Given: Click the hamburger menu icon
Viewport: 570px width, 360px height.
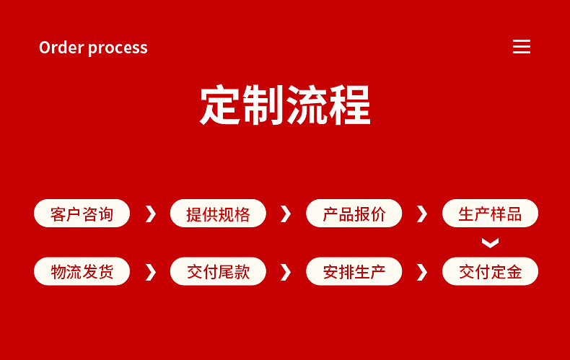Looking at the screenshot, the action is (521, 47).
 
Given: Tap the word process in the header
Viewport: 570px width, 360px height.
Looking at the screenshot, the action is (118, 48).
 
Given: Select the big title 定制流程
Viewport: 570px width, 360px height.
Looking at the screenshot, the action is (285, 105).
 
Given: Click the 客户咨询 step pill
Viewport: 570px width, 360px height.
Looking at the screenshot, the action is (82, 214).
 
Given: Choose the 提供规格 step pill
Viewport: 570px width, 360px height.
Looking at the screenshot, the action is (218, 214).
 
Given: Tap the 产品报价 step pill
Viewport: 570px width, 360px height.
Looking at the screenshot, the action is (354, 214).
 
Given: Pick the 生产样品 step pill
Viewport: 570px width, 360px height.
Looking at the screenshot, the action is (490, 214).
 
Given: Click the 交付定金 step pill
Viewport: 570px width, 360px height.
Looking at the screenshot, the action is (490, 271).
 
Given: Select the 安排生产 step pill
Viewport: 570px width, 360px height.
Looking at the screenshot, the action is (354, 271).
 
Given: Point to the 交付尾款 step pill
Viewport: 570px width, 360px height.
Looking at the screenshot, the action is (218, 271).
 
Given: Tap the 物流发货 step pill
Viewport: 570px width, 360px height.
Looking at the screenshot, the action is (82, 271).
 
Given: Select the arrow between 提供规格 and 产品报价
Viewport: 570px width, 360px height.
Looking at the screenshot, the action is (287, 214).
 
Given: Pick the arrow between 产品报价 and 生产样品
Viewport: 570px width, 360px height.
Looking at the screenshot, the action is (423, 214).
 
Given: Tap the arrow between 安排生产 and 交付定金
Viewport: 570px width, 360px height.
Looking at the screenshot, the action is (423, 272).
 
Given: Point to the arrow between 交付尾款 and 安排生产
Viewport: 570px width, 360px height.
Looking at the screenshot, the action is (287, 272).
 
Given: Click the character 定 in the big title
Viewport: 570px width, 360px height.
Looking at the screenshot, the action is (220, 105).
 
